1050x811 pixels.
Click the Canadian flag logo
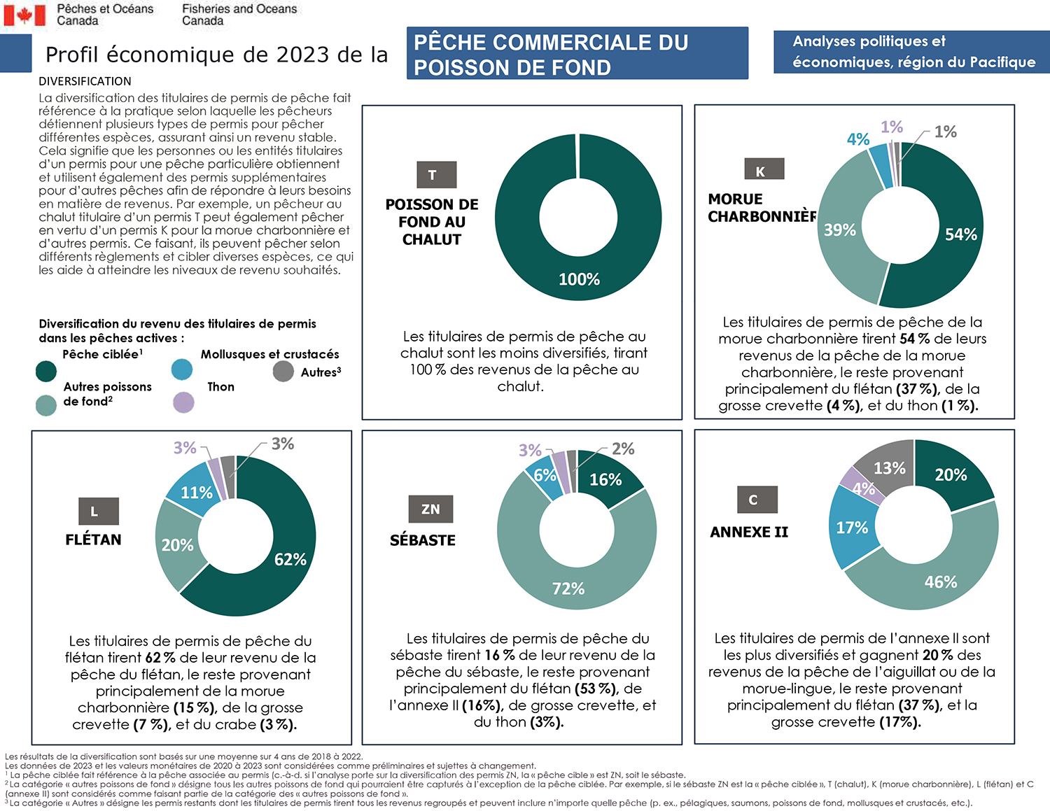pos(24,15)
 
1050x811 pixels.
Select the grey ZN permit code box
pos(430,509)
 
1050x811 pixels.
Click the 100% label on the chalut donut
pos(579,279)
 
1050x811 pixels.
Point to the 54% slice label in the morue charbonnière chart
pos(960,234)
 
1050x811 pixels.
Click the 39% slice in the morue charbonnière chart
pos(840,230)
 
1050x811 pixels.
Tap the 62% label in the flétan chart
pos(290,559)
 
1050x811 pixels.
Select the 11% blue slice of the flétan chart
pos(196,493)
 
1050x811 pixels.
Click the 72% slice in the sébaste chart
pos(568,588)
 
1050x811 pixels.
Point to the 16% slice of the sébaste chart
pos(605,479)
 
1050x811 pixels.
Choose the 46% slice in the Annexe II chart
pos(940,581)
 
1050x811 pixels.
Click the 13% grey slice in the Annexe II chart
pos(889,467)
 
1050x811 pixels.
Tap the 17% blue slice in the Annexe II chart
pos(852,528)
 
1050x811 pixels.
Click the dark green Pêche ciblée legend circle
pos(46,371)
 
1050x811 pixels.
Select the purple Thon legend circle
pos(183,402)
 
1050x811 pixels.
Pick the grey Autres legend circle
pos(283,371)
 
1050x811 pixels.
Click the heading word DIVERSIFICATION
pos(85,81)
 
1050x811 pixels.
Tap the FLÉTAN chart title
pos(93,540)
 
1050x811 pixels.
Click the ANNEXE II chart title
pos(749,532)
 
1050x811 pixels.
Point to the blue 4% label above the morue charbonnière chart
pos(857,139)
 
